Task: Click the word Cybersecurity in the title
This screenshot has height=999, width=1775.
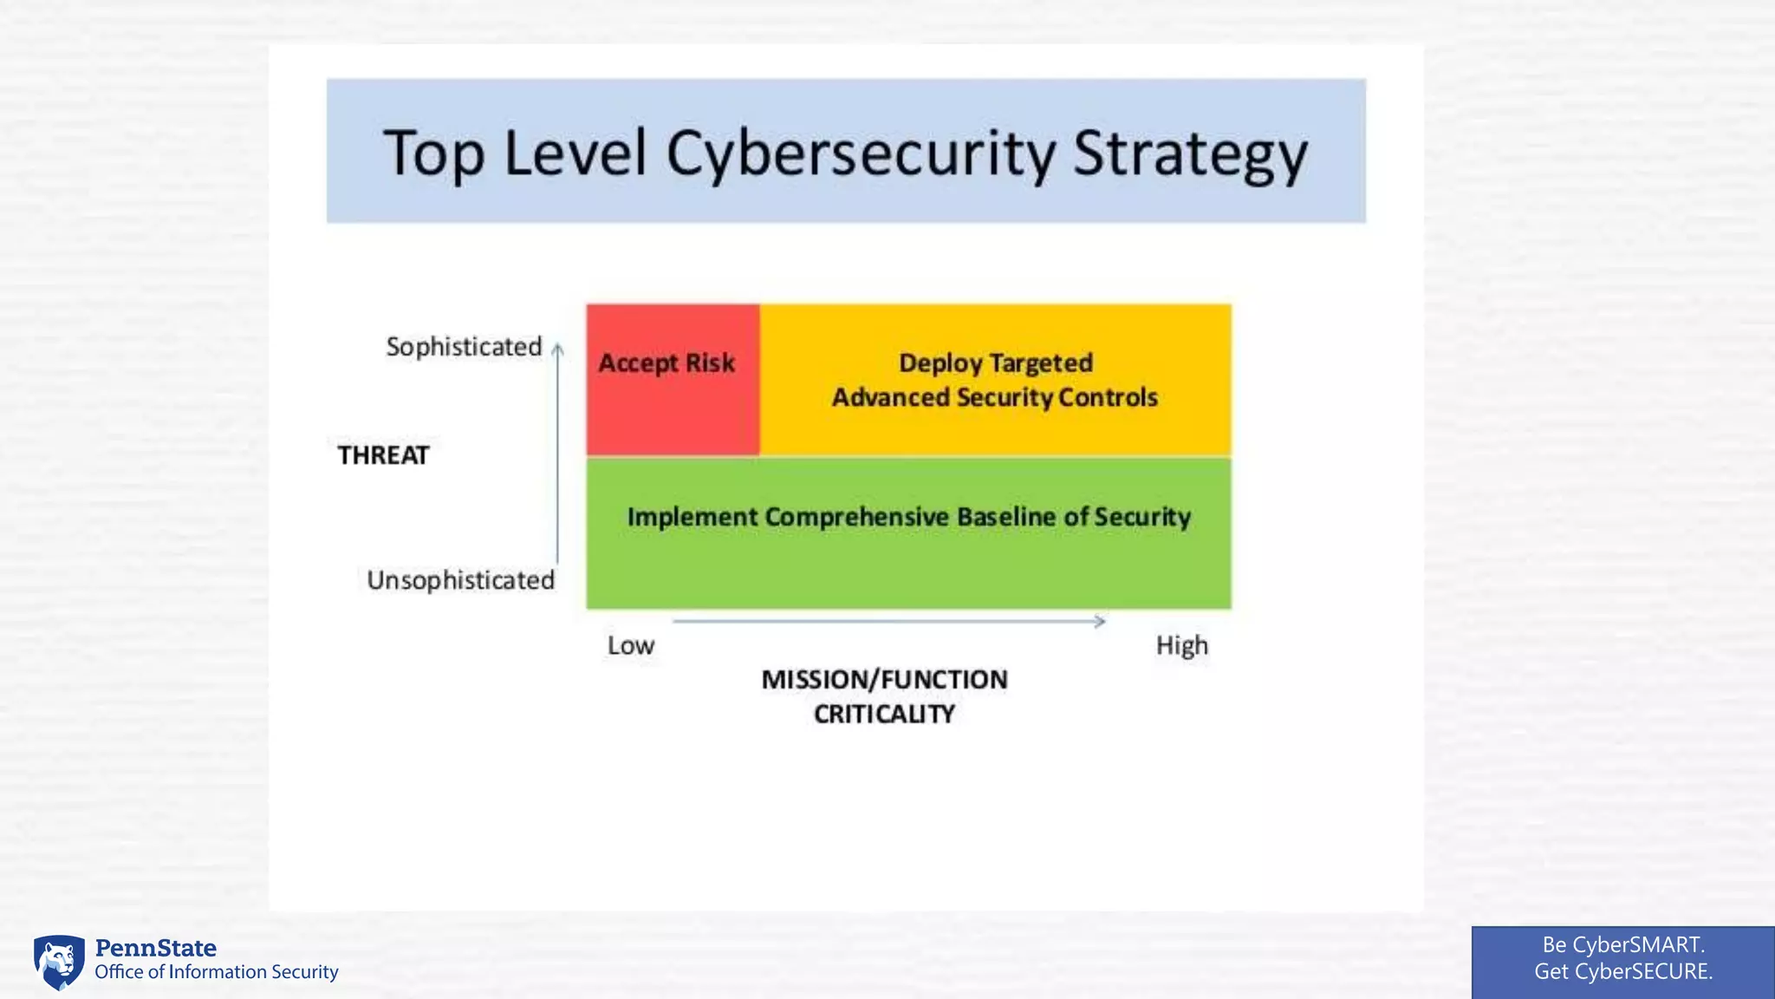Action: click(x=861, y=153)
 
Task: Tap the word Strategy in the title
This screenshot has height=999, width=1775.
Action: click(x=1190, y=153)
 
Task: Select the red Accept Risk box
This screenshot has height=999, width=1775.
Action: click(x=673, y=380)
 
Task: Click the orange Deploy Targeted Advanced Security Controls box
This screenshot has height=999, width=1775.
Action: click(x=995, y=380)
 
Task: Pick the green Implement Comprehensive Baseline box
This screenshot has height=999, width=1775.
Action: click(x=908, y=533)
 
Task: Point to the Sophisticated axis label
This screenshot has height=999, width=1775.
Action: click(x=464, y=347)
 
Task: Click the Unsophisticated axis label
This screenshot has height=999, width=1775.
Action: click(x=460, y=580)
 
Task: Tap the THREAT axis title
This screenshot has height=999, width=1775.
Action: click(x=383, y=455)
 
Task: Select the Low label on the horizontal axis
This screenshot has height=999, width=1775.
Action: click(x=630, y=646)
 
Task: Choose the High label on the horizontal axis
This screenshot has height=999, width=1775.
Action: click(x=1181, y=646)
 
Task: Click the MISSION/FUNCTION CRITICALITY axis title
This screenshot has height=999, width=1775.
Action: click(x=884, y=696)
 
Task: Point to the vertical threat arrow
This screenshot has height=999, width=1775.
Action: click(x=557, y=451)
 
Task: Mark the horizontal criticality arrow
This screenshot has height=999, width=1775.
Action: click(x=888, y=621)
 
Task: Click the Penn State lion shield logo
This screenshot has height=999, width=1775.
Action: click(x=59, y=962)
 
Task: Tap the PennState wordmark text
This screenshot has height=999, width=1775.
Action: click(x=156, y=948)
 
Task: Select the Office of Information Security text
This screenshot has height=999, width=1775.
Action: click(x=217, y=972)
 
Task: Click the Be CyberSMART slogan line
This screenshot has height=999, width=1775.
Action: click(x=1622, y=944)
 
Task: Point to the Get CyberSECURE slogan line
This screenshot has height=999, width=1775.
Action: click(x=1622, y=971)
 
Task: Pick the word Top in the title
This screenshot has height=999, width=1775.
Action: click(x=432, y=153)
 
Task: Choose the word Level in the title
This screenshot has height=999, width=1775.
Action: click(x=575, y=153)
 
